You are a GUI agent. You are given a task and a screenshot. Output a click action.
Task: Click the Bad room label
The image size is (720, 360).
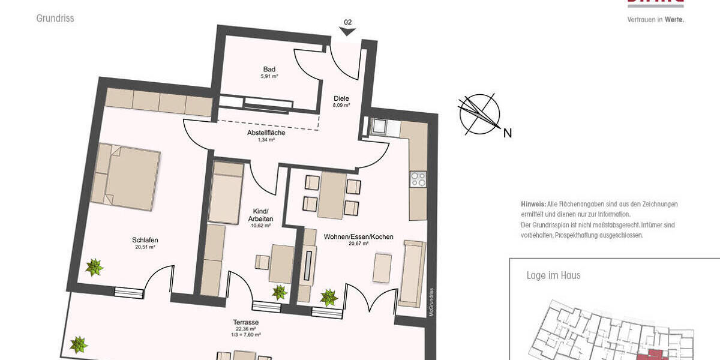pyautogui.click(x=269, y=69)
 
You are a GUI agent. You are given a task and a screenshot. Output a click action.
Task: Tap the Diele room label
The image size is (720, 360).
pyautogui.click(x=341, y=99)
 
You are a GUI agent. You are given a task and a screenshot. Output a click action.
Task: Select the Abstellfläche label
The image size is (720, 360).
pyautogui.click(x=266, y=133)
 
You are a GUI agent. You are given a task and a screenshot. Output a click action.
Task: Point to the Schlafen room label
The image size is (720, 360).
pyautogui.click(x=145, y=240)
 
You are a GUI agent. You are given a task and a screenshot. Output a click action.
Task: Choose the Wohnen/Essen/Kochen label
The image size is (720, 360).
pyautogui.click(x=358, y=237)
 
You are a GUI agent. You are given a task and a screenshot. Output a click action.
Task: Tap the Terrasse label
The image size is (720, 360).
pyautogui.click(x=246, y=322)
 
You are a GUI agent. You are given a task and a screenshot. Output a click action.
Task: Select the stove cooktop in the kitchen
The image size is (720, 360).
pyautogui.click(x=418, y=179)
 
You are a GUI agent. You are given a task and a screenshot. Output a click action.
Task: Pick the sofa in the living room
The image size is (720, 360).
pyautogui.click(x=413, y=273)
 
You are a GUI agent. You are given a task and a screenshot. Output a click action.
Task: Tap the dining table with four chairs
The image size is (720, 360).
pyautogui.click(x=331, y=195)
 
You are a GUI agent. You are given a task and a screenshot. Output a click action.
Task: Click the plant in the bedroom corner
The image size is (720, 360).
pyautogui.click(x=94, y=267)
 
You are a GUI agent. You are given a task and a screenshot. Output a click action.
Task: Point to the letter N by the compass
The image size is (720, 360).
pyautogui.click(x=507, y=134)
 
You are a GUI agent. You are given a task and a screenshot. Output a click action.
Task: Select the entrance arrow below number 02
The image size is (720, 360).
pyautogui.click(x=347, y=32)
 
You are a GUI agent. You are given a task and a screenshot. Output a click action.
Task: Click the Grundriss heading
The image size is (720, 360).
pyautogui.click(x=55, y=19)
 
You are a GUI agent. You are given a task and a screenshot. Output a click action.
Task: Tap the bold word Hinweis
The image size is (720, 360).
pyautogui.click(x=533, y=205)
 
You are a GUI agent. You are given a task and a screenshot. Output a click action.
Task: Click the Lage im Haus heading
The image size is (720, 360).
pyautogui.click(x=553, y=276)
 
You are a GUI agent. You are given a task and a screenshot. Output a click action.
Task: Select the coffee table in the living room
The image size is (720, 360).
pyautogui.click(x=382, y=268)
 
